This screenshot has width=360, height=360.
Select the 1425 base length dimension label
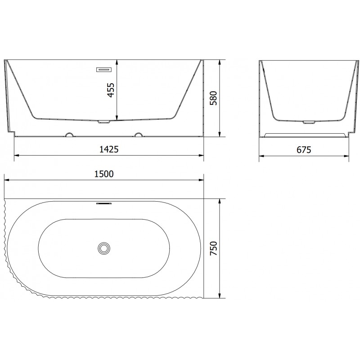click(108, 149)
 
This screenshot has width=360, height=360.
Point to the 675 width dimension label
click(304, 149)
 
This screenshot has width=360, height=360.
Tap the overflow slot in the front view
click(104, 69)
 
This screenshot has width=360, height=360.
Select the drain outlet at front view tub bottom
click(104, 121)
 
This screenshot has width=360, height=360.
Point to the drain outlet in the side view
click(309, 121)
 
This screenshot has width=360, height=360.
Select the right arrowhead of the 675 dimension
click(348, 156)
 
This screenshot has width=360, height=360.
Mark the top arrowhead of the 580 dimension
click(219, 62)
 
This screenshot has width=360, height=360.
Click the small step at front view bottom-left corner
click(12, 133)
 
